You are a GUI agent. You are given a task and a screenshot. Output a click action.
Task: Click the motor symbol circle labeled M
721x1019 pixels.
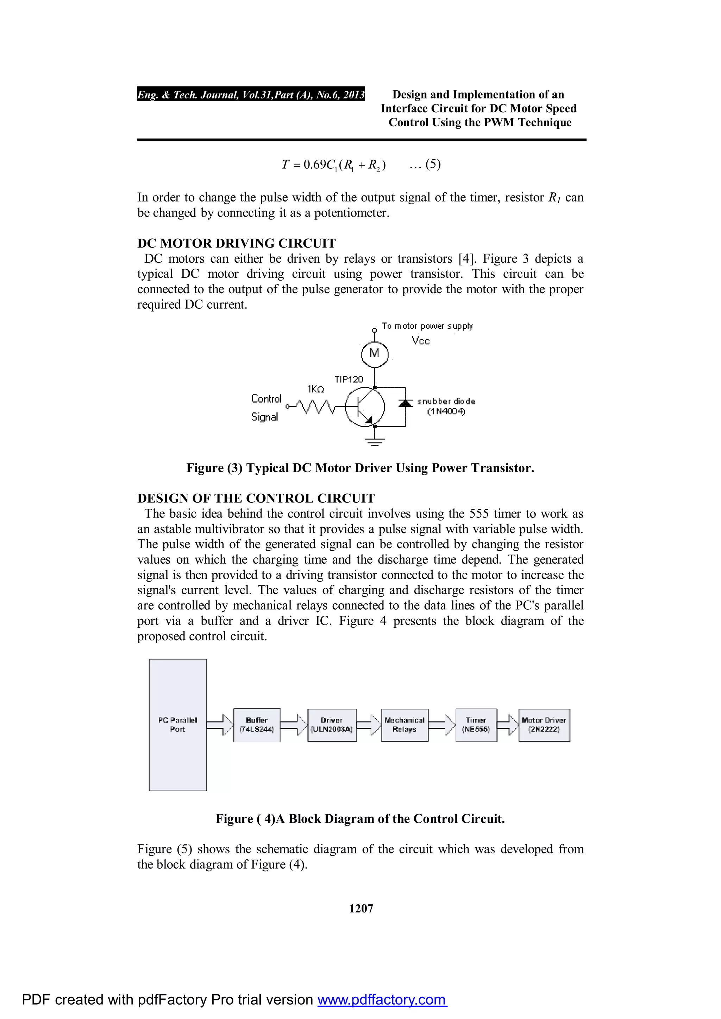pos(375,354)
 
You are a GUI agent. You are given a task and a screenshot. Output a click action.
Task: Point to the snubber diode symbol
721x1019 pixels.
pos(405,403)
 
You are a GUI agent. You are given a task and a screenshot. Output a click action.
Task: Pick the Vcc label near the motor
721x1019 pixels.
pos(420,341)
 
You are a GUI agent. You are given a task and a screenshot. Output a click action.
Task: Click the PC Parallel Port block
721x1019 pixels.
pos(178,725)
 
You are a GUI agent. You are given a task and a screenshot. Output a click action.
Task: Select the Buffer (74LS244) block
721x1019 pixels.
pos(257,725)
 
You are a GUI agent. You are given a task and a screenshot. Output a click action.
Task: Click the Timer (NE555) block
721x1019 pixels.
pos(475,725)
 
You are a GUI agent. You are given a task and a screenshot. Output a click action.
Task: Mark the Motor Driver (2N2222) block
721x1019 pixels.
pos(544,725)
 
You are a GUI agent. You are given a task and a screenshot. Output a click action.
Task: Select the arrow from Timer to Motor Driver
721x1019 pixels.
pos(507,725)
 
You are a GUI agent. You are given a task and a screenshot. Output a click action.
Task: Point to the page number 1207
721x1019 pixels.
pos(361,909)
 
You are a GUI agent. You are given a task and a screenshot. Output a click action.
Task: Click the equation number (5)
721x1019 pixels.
pos(433,164)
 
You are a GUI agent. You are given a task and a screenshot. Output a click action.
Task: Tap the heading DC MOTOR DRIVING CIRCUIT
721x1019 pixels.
pos(236,243)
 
